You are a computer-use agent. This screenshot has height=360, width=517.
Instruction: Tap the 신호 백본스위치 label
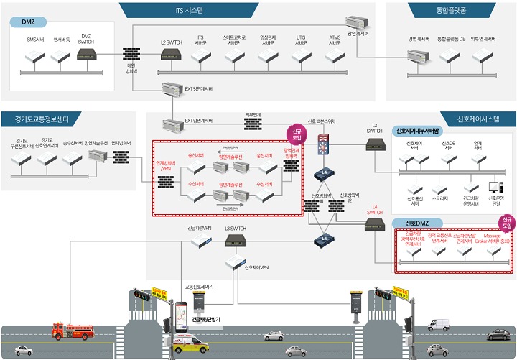(x=322, y=121)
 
